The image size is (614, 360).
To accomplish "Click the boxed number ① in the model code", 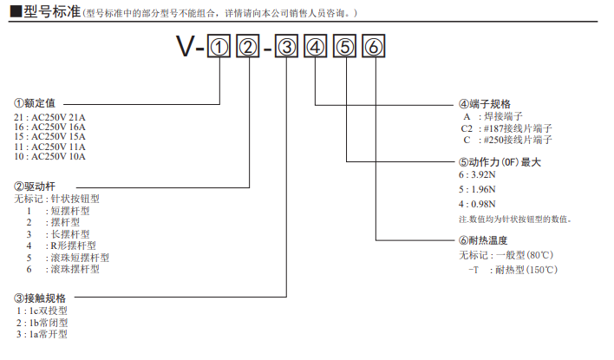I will point(219,49).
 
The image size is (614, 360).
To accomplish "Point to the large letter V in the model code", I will point(185,49).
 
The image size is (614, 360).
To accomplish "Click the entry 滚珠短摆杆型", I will point(79,258).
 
